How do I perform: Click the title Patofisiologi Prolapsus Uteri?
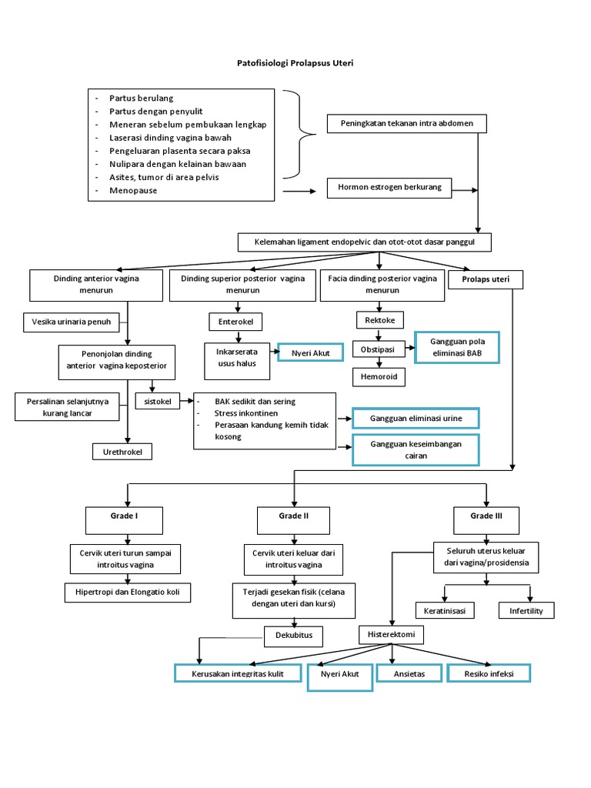tap(295, 64)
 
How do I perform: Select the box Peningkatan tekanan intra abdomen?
tap(406, 123)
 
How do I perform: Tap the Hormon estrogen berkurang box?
tap(389, 187)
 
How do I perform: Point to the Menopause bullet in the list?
tap(133, 190)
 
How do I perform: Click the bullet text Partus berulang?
tap(141, 98)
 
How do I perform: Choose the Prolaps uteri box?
tap(485, 279)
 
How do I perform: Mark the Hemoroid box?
tap(378, 377)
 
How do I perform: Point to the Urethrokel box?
tap(122, 451)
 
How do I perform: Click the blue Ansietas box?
tap(410, 673)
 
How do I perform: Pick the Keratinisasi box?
tap(445, 610)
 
